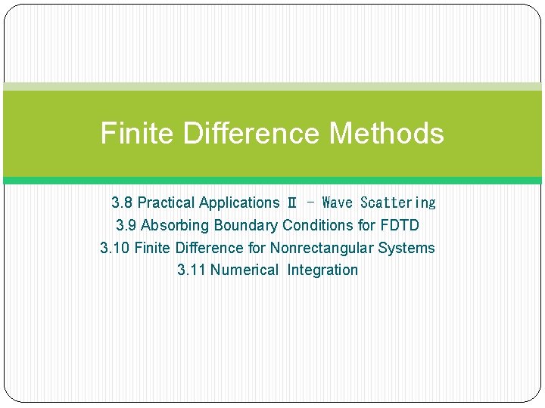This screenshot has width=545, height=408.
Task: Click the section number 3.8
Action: pyautogui.click(x=122, y=202)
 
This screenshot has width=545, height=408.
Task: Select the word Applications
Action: pyautogui.click(x=239, y=202)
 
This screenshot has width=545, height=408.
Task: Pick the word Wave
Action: pyautogui.click(x=337, y=202)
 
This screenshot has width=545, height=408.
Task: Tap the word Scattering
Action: pyautogui.click(x=398, y=202)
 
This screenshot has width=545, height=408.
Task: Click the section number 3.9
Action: pyautogui.click(x=126, y=225)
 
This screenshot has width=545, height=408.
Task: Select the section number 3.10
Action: pyautogui.click(x=115, y=248)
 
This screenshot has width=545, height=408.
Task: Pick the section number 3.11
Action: pyautogui.click(x=192, y=270)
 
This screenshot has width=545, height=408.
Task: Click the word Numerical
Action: pyautogui.click(x=244, y=270)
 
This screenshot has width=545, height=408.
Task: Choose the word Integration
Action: pyautogui.click(x=322, y=270)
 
